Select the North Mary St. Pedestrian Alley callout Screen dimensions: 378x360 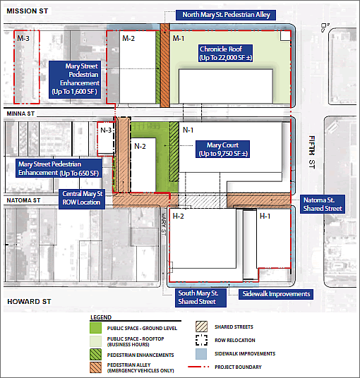pos(226,15)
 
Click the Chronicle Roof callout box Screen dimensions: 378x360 pos(223,54)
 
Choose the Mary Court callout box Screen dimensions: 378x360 pos(223,150)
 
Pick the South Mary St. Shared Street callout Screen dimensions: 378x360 pos(198,297)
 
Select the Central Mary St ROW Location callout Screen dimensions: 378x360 pos(83,197)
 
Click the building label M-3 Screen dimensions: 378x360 pos(23,38)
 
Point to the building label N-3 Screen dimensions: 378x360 pos(106,130)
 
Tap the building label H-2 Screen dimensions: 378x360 pos(179,216)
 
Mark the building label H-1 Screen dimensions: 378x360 pos(265,216)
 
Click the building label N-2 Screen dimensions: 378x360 pos(140,146)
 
